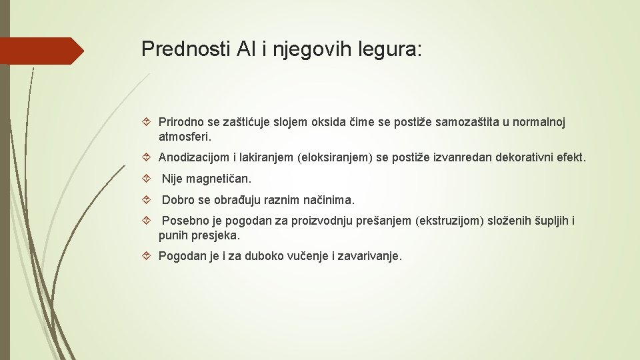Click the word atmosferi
coord(185,137)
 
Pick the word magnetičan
coord(219,179)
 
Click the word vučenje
coord(306,256)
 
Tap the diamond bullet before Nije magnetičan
coord(149,179)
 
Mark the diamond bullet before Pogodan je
coord(149,256)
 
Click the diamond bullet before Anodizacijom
coord(149,158)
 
